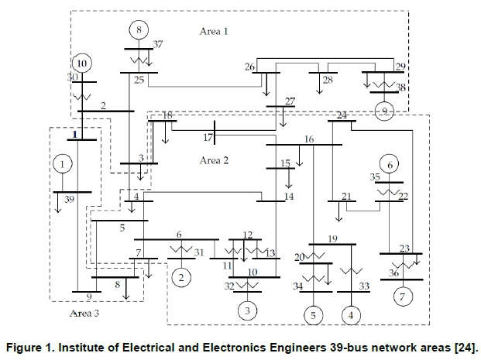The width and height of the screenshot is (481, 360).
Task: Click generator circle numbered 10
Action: [x=81, y=63]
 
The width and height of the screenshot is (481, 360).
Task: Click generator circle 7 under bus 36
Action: [x=402, y=297]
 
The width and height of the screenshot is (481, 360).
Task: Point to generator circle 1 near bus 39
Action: [x=63, y=164]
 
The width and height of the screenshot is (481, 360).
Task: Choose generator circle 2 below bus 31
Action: [x=181, y=276]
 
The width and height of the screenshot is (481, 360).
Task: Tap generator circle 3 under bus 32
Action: [x=246, y=311]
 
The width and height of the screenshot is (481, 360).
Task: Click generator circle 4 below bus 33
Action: [x=352, y=315]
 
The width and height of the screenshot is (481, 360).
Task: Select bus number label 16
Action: [x=309, y=139]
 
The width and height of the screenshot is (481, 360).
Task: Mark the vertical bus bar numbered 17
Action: [x=215, y=132]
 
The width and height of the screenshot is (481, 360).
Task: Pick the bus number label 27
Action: [x=290, y=101]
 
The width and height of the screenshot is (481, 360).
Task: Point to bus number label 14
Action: [x=289, y=197]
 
